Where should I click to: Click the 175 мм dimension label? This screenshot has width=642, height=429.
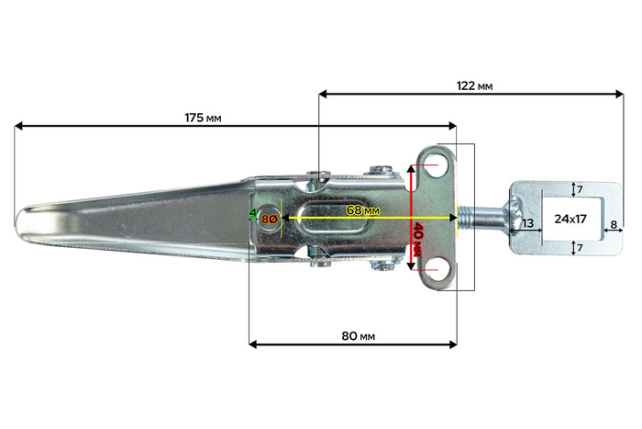point(202,118)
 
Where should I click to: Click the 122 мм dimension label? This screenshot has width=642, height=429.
point(473,85)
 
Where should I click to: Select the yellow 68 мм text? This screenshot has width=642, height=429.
point(362,210)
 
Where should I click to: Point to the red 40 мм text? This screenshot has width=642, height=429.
point(418,242)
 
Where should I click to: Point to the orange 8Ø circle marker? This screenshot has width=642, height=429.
point(270,219)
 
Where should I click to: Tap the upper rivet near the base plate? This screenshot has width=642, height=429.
point(380,169)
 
